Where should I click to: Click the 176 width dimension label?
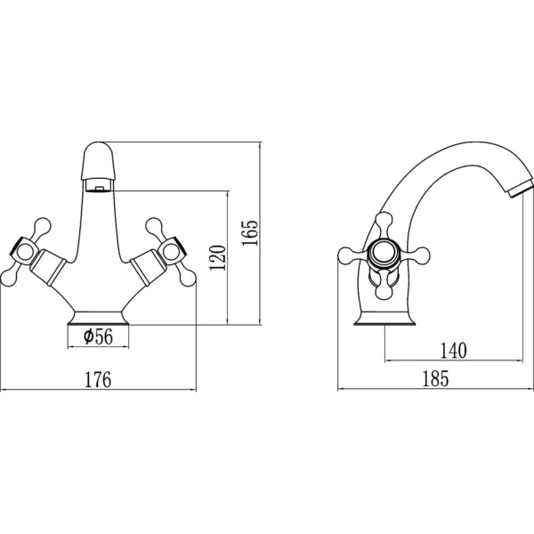98,380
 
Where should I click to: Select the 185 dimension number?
435,378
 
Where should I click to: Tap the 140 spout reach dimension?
454,351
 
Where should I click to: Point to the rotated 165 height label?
250,233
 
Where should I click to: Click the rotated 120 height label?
218,257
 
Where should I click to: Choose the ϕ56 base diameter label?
98,336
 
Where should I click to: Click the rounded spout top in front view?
99,161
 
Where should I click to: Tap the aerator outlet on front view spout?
99,186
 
